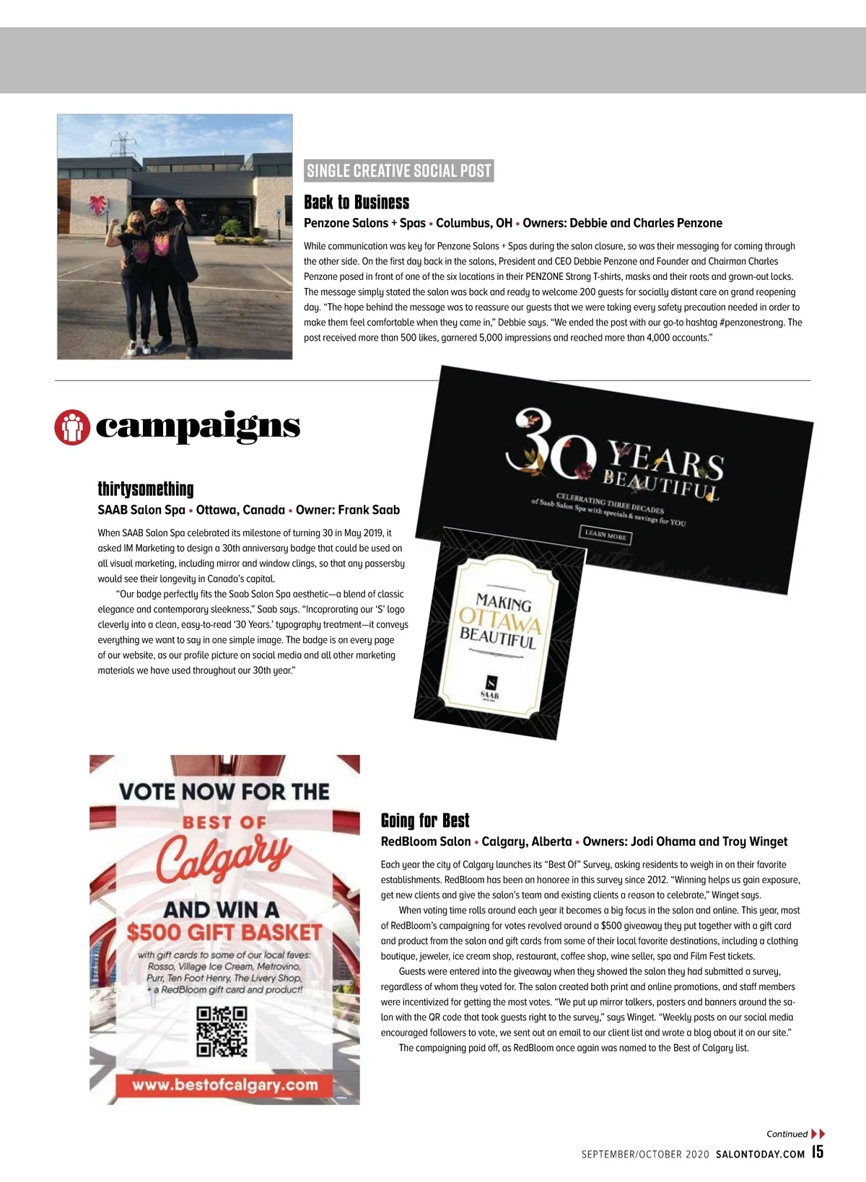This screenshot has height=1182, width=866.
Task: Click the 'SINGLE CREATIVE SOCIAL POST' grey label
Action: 399,171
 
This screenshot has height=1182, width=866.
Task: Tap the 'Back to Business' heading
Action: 357,202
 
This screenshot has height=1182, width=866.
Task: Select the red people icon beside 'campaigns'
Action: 71,427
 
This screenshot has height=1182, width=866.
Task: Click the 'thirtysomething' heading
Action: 146,489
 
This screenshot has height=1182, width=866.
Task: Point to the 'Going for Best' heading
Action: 425,820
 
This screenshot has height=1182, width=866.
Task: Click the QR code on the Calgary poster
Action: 222,1032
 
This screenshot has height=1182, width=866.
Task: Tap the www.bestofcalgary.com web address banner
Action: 224,1085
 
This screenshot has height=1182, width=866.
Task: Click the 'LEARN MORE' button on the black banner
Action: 605,535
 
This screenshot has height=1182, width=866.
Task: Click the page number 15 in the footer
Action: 818,1152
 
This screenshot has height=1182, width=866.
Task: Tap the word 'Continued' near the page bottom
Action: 787,1134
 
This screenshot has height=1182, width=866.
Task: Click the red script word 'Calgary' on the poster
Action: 223,859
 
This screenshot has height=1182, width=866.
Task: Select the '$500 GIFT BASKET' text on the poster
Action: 224,932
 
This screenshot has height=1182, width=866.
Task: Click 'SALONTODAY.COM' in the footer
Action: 760,1154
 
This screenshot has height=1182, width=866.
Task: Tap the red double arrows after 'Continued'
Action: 818,1134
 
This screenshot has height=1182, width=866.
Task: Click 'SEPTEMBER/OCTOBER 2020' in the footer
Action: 645,1154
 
